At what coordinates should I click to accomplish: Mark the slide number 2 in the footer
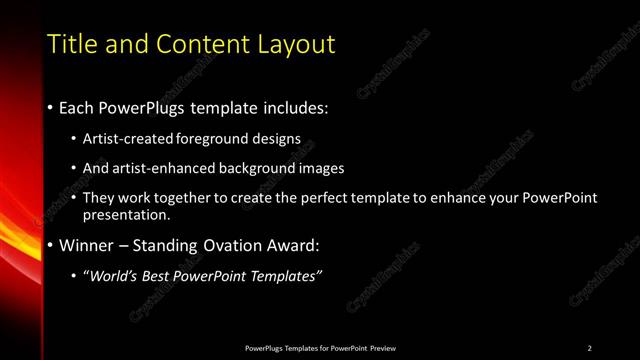[x=590, y=348]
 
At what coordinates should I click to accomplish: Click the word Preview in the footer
[x=381, y=348]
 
